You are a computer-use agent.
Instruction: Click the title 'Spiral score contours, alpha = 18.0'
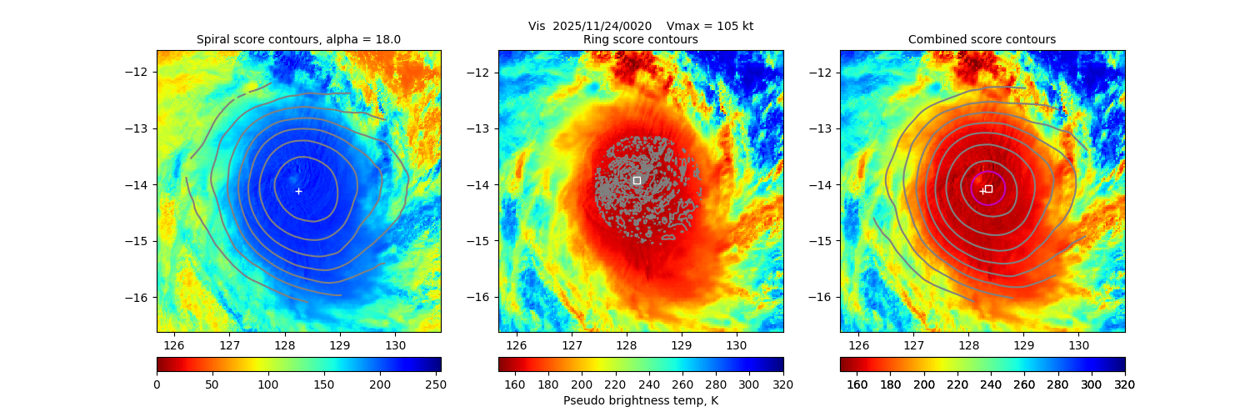[298, 39]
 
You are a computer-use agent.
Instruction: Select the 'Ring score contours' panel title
[640, 39]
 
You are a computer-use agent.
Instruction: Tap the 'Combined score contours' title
[982, 39]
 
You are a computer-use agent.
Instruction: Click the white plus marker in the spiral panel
[298, 191]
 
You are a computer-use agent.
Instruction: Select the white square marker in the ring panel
[637, 180]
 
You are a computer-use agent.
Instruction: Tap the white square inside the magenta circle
[988, 188]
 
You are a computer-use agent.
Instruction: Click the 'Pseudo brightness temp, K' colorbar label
[640, 400]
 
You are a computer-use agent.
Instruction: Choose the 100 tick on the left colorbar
[268, 384]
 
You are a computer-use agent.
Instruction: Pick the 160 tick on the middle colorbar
[515, 384]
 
